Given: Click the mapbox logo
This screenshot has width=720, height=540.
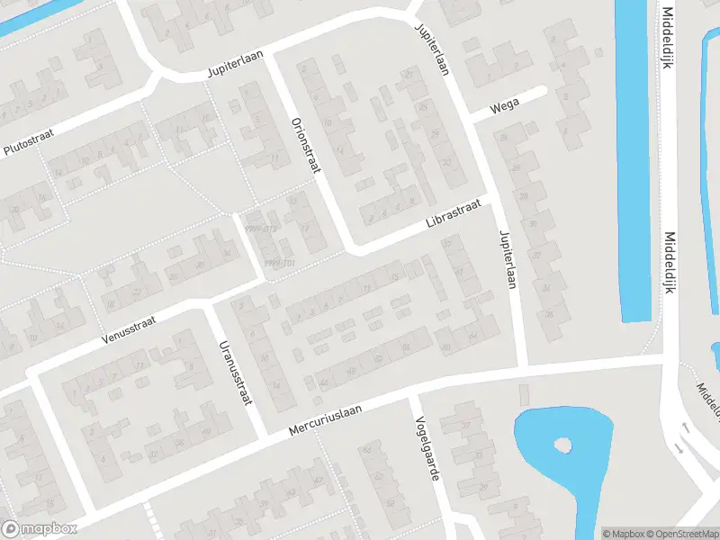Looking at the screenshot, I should [x=39, y=529].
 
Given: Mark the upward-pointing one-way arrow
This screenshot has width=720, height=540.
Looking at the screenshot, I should [x=686, y=428].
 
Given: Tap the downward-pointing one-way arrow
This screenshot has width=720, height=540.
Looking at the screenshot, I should [x=680, y=447].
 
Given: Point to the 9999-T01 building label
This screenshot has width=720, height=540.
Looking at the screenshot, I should [x=281, y=262].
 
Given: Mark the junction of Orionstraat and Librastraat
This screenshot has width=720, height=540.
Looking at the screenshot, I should [x=354, y=247].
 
